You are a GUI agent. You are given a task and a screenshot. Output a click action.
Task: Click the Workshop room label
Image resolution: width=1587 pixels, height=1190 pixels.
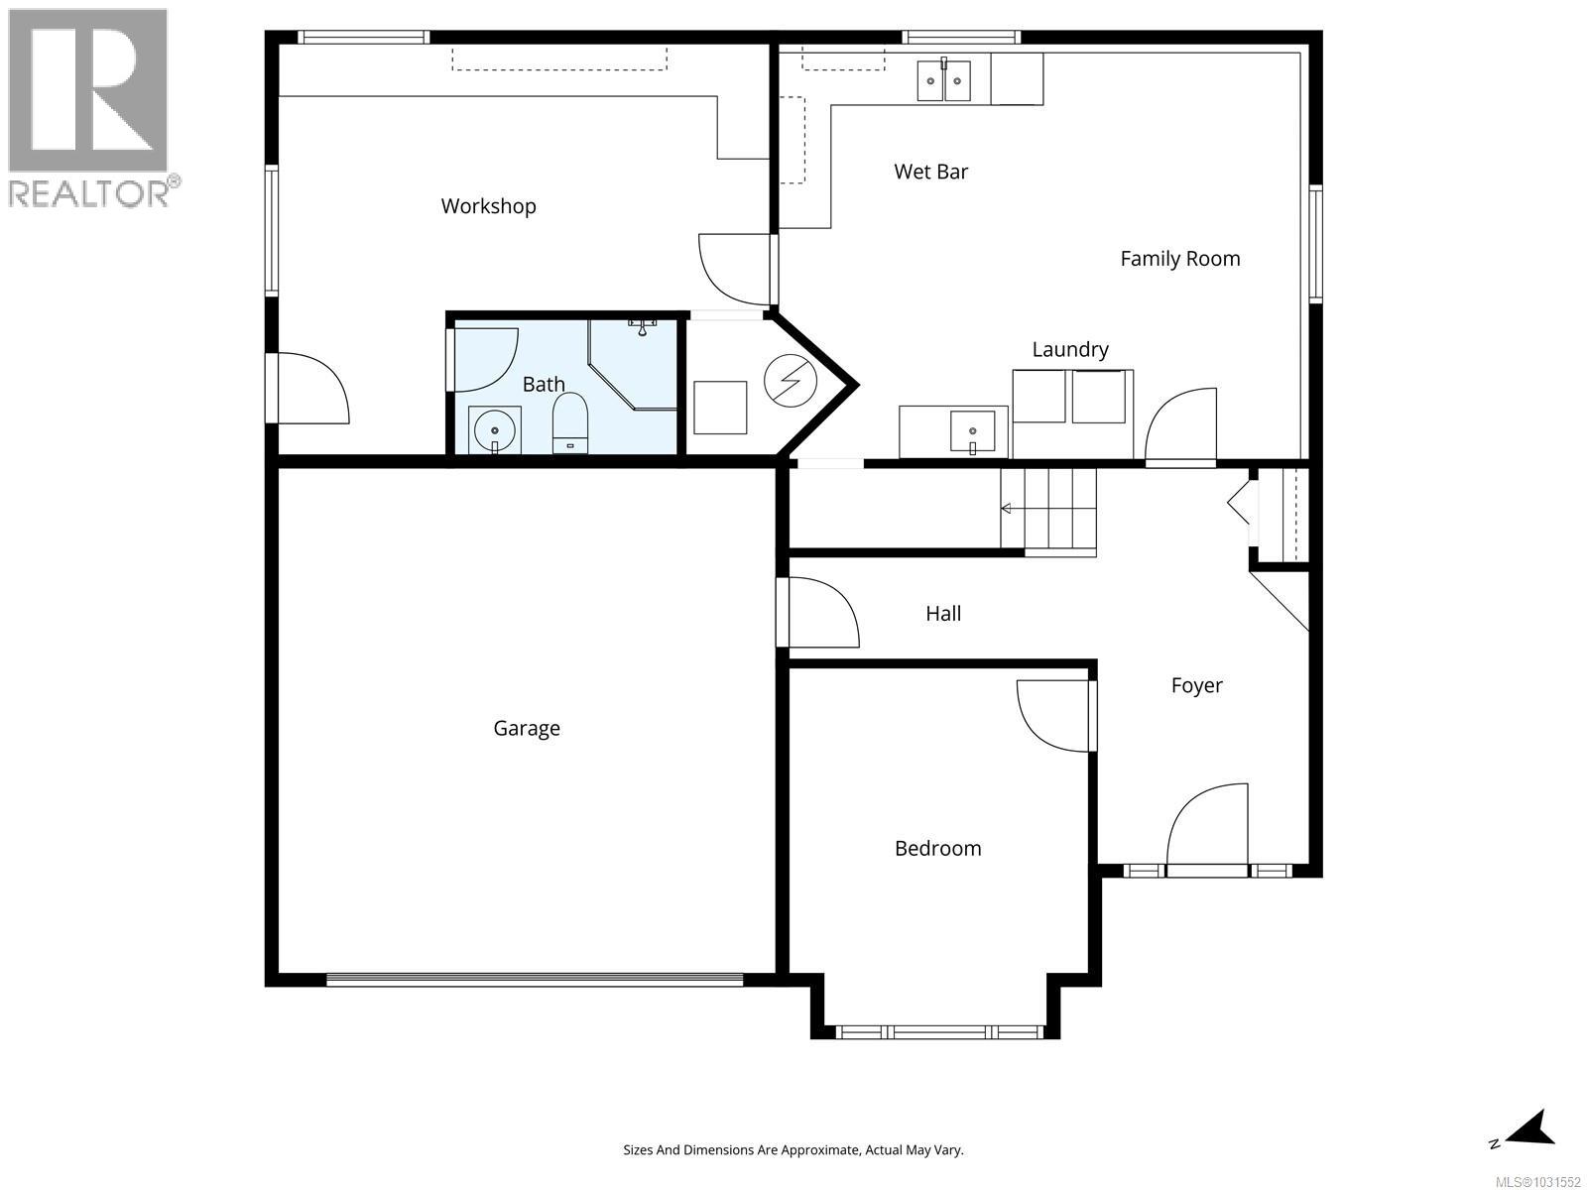pos(488,206)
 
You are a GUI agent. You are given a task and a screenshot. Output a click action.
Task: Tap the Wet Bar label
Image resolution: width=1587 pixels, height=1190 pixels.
pos(930,172)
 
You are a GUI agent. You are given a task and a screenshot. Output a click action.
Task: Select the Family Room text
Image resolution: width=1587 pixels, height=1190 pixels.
pos(1179,259)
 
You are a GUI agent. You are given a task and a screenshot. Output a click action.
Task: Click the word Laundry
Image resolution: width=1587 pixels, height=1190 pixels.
pos(1069,349)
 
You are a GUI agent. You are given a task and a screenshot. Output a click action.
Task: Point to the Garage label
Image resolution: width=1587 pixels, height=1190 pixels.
pos(527,729)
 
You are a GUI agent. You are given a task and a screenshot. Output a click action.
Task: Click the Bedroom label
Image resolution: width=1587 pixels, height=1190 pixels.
pos(937,849)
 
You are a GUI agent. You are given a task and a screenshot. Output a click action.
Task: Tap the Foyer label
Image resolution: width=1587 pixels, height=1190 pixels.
pos(1196,685)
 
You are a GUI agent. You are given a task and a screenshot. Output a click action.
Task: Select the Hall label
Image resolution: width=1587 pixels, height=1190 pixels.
pos(943,614)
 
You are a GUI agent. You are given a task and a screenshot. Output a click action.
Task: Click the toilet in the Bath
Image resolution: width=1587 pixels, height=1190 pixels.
pos(569,423)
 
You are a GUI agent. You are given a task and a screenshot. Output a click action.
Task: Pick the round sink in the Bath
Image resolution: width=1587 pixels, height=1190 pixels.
pos(494,431)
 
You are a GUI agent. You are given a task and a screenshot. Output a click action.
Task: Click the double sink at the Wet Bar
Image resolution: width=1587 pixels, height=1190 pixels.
pos(943,80)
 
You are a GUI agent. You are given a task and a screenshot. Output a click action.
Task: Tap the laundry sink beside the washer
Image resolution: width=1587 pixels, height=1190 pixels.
pos(972,431)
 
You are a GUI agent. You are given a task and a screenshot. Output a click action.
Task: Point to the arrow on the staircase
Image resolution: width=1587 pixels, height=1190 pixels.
pos(1008,509)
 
